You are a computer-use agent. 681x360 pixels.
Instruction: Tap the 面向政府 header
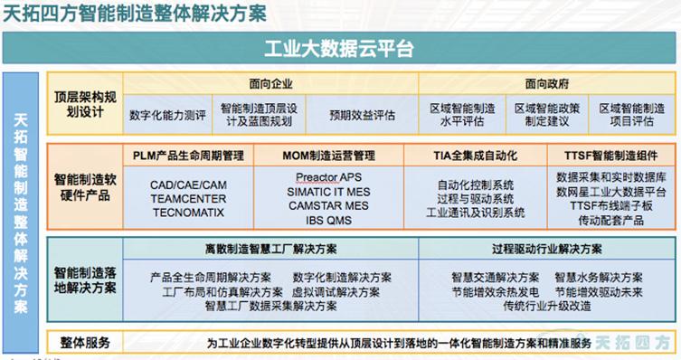click(x=546, y=81)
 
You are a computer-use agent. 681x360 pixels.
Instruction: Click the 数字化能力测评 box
click(x=167, y=115)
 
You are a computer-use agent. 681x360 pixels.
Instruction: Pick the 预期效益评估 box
click(x=362, y=115)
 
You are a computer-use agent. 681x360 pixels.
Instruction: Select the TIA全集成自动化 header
click(x=472, y=156)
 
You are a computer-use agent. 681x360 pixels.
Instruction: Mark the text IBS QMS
click(x=327, y=219)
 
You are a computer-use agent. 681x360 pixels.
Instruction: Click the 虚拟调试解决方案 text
click(x=337, y=291)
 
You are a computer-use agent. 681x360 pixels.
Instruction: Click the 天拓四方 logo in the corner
click(x=640, y=343)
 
